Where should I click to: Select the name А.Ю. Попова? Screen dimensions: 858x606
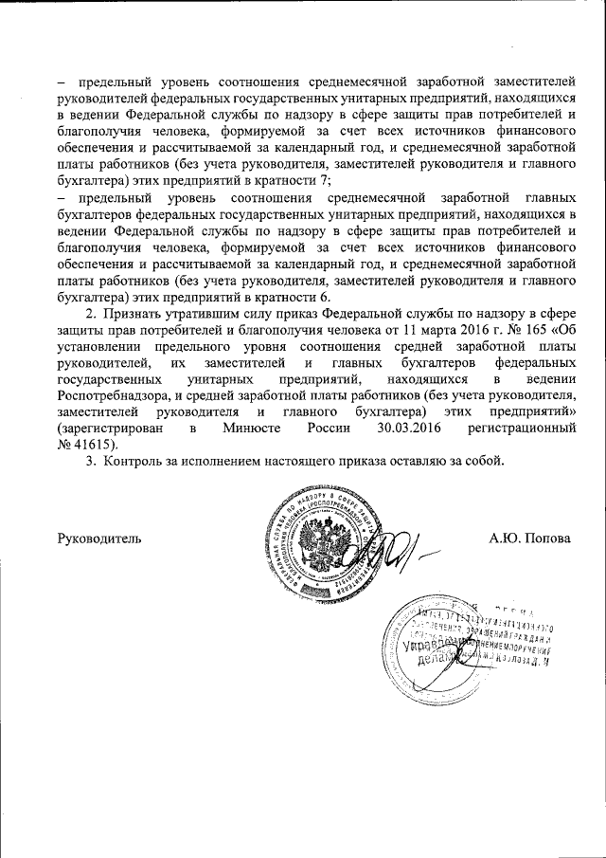(529, 539)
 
